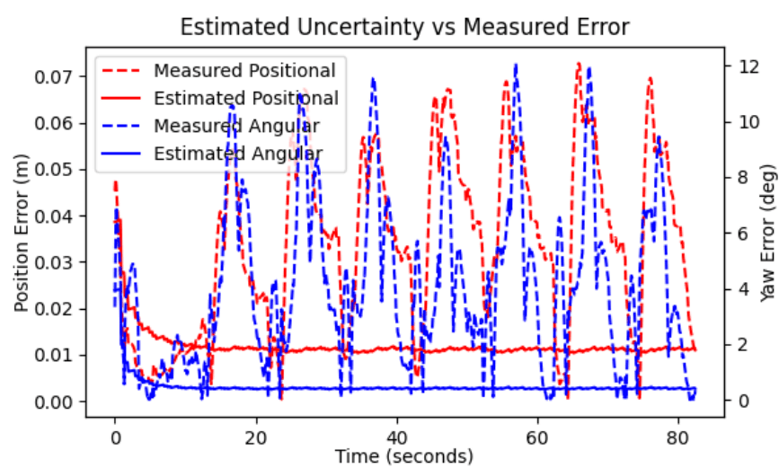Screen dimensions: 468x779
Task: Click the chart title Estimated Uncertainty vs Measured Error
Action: [x=404, y=27]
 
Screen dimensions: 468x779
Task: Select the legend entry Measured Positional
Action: [x=244, y=70]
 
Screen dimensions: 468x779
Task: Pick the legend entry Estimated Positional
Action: [x=246, y=98]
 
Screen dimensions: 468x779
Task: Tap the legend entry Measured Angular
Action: [x=236, y=126]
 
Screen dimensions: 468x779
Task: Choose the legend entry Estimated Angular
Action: [x=238, y=154]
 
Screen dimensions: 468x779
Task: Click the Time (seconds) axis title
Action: [x=404, y=456]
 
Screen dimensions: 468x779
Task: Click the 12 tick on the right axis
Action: [x=745, y=66]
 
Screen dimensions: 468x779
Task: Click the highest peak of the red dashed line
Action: [x=580, y=63]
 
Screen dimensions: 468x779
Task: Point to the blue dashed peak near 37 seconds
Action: [x=373, y=79]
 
